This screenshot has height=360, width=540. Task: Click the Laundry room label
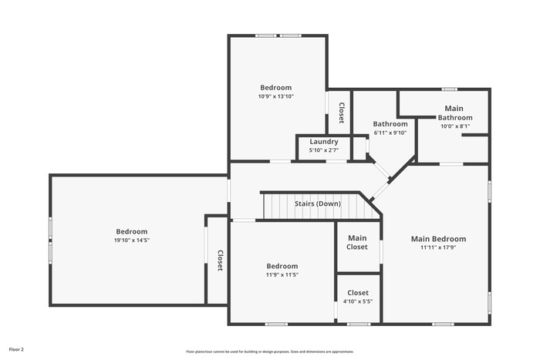[324, 141]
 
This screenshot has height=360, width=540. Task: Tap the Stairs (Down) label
[317, 204]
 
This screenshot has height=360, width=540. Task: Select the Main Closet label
[357, 242]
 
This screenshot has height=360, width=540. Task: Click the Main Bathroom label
[454, 113]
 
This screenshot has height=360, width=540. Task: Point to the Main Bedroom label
[438, 239]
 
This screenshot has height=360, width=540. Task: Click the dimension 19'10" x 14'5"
[131, 241]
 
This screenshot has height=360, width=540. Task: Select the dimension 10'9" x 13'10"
[275, 96]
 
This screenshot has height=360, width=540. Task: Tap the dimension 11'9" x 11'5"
[282, 274]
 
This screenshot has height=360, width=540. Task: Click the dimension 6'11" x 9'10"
[390, 133]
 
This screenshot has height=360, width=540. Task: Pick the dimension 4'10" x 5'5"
[358, 301]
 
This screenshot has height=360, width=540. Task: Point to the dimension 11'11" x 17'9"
[438, 247]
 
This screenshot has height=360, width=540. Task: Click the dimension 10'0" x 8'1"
[454, 126]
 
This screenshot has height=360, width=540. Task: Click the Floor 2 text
[16, 349]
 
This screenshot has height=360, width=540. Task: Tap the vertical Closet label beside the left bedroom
[220, 261]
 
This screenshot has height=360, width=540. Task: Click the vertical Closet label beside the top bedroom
[340, 113]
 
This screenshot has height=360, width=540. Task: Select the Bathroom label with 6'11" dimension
[390, 124]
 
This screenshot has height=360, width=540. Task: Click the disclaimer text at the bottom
[269, 351]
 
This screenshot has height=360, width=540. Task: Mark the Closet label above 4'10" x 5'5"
[358, 293]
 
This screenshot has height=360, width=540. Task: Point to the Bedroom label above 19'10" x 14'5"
[131, 231]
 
